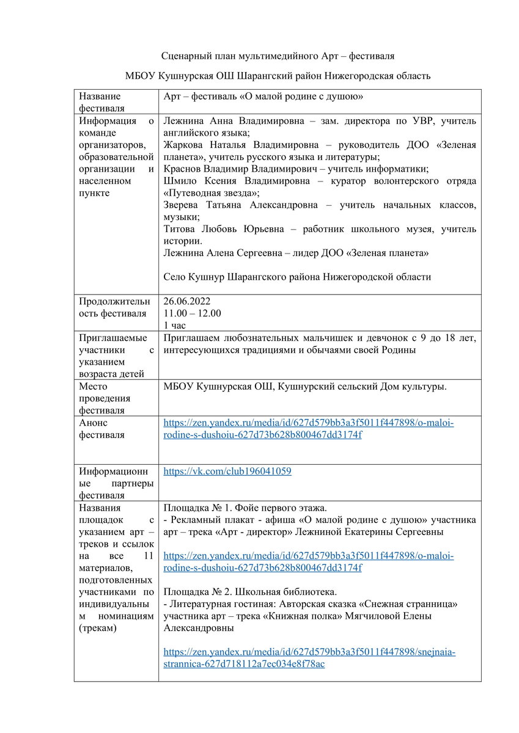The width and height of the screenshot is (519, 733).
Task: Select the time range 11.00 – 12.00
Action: point(193,313)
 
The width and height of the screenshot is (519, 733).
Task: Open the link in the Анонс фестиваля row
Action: point(309,429)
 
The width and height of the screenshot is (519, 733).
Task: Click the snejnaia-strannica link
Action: point(309,658)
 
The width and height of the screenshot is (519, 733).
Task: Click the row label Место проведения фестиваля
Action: point(101,398)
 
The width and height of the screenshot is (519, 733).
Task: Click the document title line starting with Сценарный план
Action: point(278,56)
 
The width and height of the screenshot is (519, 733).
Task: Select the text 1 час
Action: point(178,324)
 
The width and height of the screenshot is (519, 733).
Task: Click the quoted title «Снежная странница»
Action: point(405,604)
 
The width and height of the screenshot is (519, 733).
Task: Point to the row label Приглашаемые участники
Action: point(113,356)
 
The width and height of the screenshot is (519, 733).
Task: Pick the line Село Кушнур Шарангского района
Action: point(297,277)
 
